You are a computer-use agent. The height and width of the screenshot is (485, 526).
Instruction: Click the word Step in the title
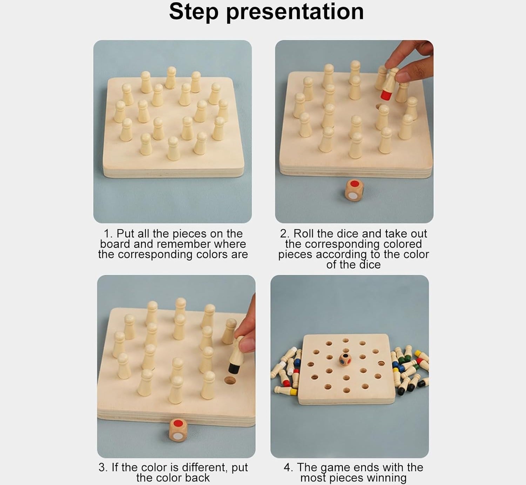click(x=194, y=12)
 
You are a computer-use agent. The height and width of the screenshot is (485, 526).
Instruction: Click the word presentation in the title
click(x=295, y=12)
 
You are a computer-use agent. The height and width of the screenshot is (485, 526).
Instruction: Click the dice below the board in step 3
click(x=178, y=430)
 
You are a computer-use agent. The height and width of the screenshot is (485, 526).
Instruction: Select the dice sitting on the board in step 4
click(x=346, y=360)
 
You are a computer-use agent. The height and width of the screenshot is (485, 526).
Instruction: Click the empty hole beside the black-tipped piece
click(x=230, y=380)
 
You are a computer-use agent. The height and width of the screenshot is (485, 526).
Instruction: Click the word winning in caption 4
click(x=386, y=478)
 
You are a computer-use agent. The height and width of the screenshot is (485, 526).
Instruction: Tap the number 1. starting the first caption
click(x=108, y=234)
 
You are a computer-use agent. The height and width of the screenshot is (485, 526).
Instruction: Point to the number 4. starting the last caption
click(x=288, y=467)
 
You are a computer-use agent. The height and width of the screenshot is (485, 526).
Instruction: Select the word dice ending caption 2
click(x=369, y=265)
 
